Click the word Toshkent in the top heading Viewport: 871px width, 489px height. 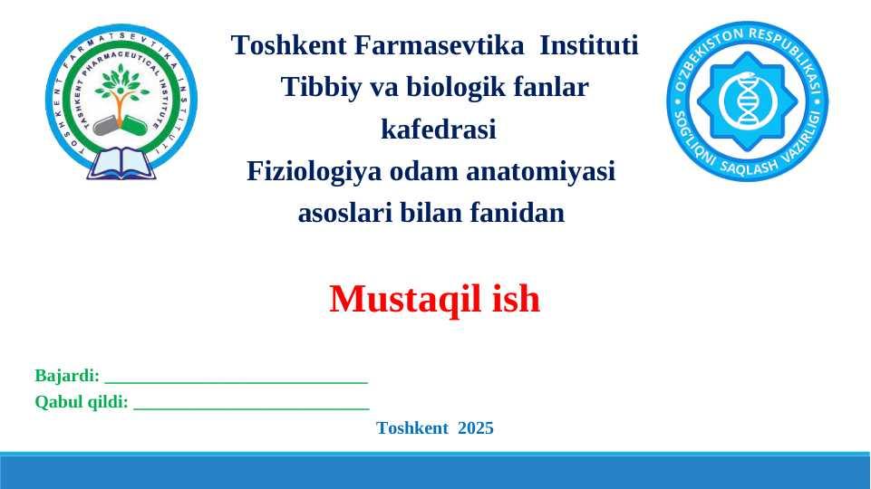(x=289, y=45)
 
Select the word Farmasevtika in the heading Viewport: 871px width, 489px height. (x=439, y=45)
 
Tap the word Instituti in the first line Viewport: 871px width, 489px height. (x=589, y=45)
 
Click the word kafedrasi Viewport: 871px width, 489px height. (x=439, y=129)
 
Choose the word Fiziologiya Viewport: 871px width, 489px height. (x=315, y=171)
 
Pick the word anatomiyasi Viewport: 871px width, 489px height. (x=540, y=171)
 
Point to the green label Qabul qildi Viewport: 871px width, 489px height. (x=82, y=402)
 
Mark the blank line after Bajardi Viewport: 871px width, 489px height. (x=236, y=382)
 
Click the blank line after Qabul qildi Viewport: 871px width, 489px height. (x=252, y=408)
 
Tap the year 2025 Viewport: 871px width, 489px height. (x=476, y=428)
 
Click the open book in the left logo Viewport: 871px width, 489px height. (x=121, y=164)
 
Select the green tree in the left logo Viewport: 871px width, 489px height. (x=121, y=90)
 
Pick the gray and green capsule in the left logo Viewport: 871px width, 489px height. (x=120, y=125)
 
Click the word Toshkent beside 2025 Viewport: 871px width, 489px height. (x=412, y=428)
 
